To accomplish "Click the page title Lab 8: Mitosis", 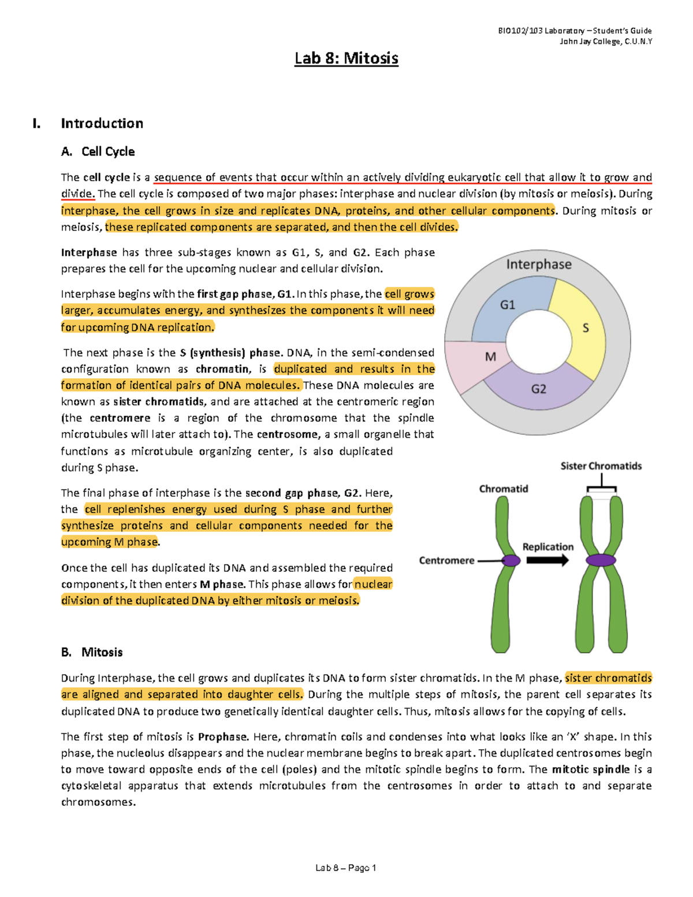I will click(346, 58).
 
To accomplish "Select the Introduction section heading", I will click(102, 123).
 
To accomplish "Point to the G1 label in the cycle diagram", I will click(507, 305).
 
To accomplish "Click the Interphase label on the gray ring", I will click(538, 265).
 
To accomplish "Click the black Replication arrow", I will click(547, 560).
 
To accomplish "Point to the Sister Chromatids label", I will click(601, 466).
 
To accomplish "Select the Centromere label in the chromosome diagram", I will click(446, 560).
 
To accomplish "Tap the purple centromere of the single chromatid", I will click(511, 560).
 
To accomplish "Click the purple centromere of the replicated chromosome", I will click(601, 560).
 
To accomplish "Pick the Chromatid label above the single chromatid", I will click(503, 489).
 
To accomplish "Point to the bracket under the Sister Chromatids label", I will click(601, 489).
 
